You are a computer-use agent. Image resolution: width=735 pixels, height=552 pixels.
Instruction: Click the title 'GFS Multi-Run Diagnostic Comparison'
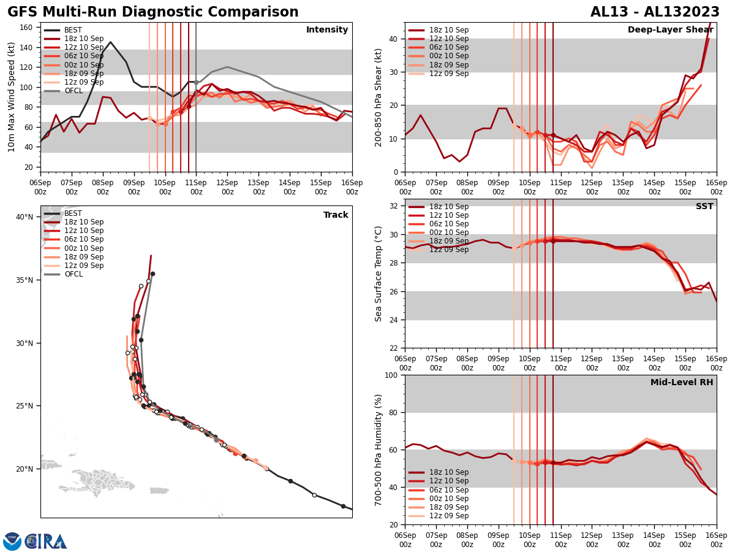click(x=153, y=12)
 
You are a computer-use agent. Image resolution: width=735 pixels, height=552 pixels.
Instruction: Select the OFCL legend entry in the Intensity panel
click(x=73, y=91)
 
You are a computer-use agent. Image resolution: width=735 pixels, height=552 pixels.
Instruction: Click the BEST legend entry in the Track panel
click(x=73, y=213)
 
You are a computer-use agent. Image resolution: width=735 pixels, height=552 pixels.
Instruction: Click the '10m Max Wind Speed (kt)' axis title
click(x=12, y=97)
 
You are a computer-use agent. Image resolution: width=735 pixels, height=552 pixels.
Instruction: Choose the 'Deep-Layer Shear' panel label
click(x=670, y=30)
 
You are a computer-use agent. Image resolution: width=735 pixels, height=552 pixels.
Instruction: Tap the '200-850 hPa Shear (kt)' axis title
click(x=379, y=97)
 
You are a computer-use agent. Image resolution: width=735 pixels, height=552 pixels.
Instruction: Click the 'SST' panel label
click(x=704, y=207)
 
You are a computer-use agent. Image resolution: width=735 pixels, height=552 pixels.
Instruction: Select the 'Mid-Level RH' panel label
click(x=682, y=383)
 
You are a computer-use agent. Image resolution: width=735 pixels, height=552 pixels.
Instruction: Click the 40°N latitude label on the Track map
click(x=24, y=217)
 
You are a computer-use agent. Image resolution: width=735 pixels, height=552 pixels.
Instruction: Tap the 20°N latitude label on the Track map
click(x=24, y=469)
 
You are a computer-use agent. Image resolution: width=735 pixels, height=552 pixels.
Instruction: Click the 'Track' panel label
click(x=336, y=215)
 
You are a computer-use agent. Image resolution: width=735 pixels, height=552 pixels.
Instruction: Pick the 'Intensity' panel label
click(x=327, y=30)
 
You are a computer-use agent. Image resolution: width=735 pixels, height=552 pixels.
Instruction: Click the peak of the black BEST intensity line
click(x=110, y=42)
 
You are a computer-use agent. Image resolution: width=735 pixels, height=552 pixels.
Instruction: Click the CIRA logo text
click(x=46, y=542)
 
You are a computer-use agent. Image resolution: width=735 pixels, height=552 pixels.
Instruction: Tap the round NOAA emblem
click(x=12, y=542)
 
